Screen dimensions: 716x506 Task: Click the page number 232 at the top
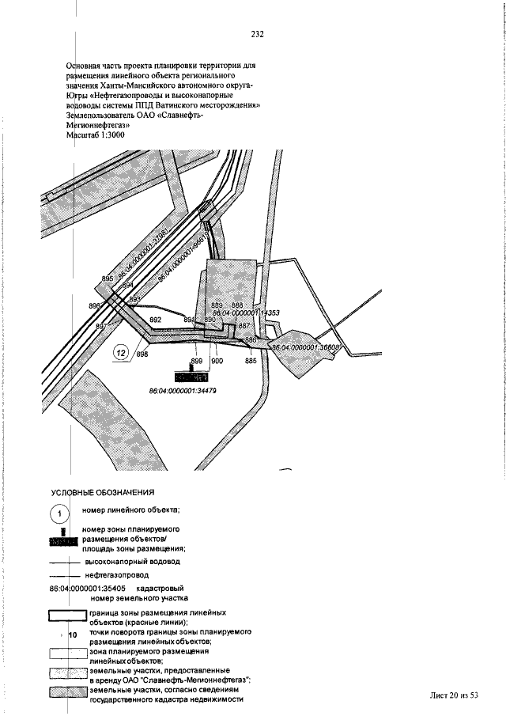[x=257, y=34]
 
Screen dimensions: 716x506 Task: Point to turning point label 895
[x=108, y=279]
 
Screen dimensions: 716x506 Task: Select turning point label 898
[x=142, y=354]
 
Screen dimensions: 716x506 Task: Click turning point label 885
[x=251, y=361]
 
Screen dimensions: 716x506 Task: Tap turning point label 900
[x=217, y=361]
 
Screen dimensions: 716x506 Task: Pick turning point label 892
[x=156, y=320]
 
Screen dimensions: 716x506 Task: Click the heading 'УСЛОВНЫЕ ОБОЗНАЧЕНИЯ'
[x=103, y=492]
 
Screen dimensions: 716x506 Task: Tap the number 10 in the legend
[x=72, y=635]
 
